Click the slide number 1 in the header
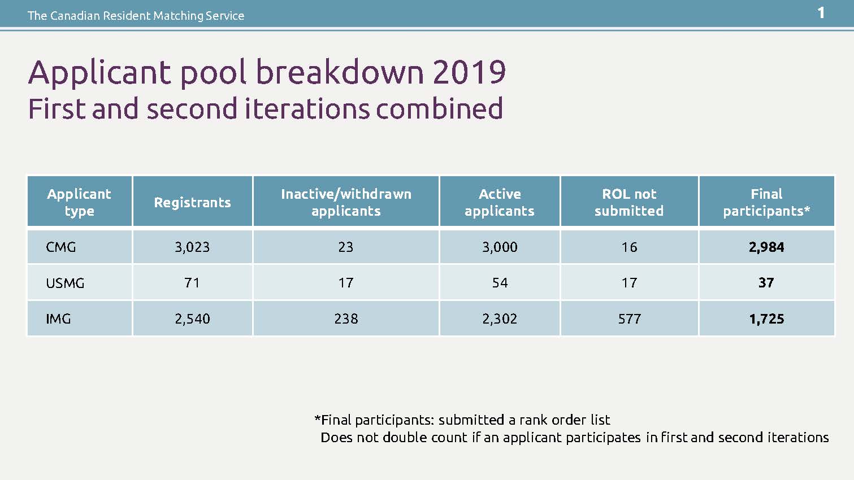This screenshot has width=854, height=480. point(821,14)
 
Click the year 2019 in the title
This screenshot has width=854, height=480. point(469,72)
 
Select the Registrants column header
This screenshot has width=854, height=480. point(192,203)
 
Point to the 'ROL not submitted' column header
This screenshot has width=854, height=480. point(629,202)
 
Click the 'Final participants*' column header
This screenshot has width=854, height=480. point(766,202)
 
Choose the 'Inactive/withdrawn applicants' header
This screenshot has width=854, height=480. point(346,202)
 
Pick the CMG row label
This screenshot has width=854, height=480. point(60,247)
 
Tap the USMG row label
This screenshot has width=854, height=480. point(65,283)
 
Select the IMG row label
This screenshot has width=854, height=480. point(58,319)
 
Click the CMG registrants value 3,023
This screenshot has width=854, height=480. point(192,247)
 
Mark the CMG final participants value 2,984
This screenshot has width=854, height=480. point(766,247)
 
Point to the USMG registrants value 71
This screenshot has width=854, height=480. point(192,283)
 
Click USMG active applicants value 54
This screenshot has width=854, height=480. point(500,283)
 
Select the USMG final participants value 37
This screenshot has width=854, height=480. point(766,283)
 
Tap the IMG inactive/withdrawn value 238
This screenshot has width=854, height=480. point(346,319)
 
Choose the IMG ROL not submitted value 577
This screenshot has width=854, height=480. point(630,319)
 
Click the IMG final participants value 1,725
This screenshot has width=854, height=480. point(767,319)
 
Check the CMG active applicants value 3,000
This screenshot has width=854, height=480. point(500,247)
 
